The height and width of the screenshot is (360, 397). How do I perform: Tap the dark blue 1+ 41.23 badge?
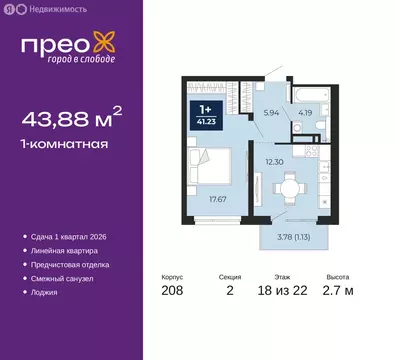pos(208,117)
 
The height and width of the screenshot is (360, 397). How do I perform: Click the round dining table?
pos(287,187)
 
